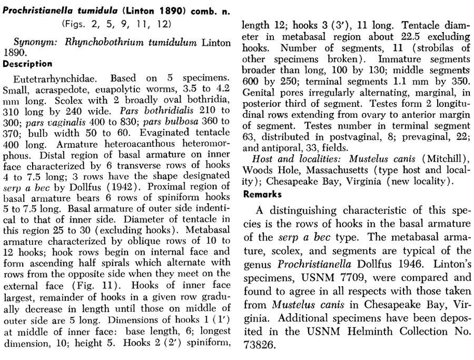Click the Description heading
[x=28, y=64]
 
